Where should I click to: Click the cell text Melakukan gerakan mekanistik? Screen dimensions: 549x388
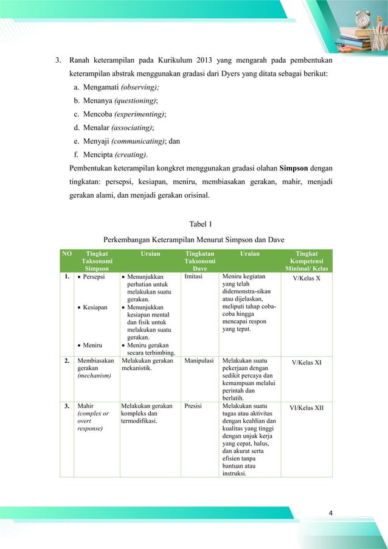click(147, 365)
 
